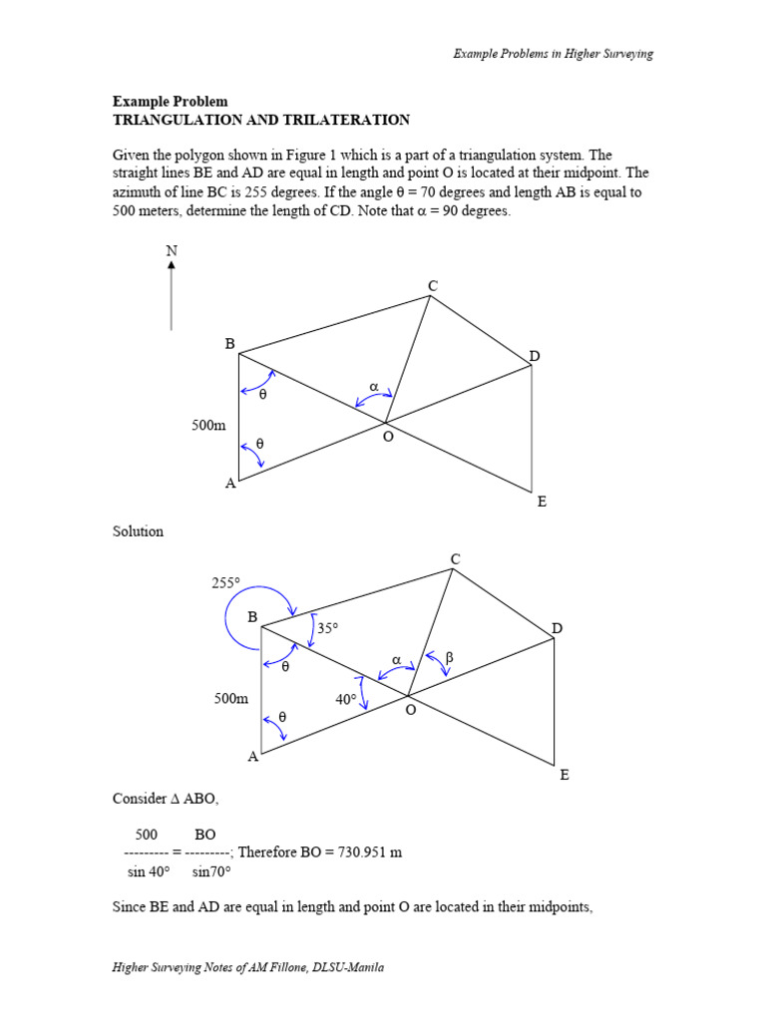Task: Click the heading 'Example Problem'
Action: coord(170,102)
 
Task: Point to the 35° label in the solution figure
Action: coord(328,628)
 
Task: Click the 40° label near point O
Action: coord(346,700)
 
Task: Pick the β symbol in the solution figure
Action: coord(449,658)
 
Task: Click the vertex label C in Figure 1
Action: coord(433,286)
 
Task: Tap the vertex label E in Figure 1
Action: coord(542,502)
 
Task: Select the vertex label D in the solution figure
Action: coord(558,628)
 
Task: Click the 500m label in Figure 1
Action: coord(209,426)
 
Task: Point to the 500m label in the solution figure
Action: coord(231,699)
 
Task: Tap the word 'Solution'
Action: coord(139,531)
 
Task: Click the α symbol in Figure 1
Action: coord(374,386)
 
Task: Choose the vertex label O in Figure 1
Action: coord(388,437)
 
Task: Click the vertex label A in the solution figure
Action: coord(253,757)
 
